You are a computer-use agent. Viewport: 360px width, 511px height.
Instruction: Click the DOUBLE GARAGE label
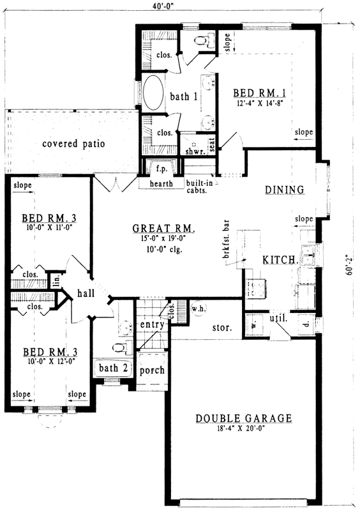(x=243, y=418)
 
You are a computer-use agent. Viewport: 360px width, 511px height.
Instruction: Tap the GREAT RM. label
(x=163, y=228)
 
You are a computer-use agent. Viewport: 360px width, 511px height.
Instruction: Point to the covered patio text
(x=73, y=144)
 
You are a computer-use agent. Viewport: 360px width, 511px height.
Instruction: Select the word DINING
(x=285, y=190)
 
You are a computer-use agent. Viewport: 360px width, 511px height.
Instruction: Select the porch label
(x=152, y=370)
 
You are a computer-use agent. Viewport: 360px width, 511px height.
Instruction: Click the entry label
(x=153, y=325)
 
